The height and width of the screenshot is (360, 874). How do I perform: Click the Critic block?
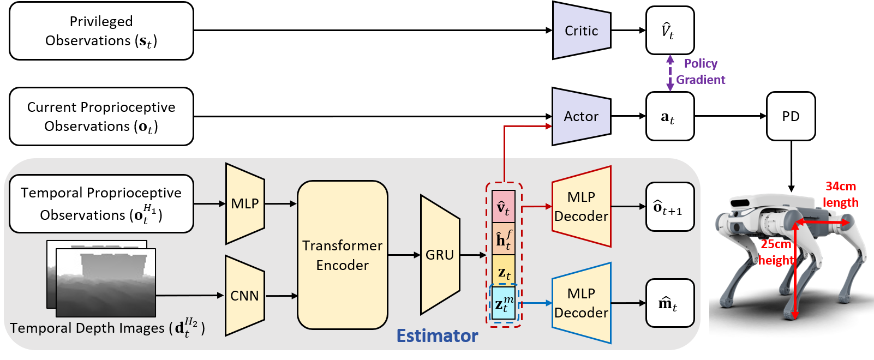coord(581,31)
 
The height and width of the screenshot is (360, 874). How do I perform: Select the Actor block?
coord(581,116)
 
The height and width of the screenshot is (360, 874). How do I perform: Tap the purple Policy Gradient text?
coord(701,71)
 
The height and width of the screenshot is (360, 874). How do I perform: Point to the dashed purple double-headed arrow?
coord(670,73)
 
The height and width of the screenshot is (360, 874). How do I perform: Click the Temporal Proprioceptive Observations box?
coord(101,203)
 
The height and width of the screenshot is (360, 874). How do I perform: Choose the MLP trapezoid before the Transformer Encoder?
coord(244,203)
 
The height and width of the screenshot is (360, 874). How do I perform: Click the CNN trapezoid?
coord(244,296)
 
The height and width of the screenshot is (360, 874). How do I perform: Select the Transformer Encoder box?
coord(342,255)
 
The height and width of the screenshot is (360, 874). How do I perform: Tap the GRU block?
coord(439,255)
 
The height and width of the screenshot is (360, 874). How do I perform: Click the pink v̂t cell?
coord(503,207)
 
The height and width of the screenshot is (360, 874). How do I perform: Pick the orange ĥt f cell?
coord(503,239)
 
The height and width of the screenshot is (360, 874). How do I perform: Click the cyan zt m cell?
coord(503,304)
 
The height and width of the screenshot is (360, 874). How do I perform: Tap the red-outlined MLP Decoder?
coord(581,207)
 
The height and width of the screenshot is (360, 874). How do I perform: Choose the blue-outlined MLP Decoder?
coord(581,303)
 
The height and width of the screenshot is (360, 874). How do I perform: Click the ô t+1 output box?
coord(669,207)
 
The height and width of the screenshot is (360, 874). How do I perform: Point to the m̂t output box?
coord(669,303)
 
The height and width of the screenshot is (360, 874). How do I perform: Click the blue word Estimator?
coord(437,335)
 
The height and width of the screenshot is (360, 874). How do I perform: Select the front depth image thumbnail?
coord(106,283)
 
